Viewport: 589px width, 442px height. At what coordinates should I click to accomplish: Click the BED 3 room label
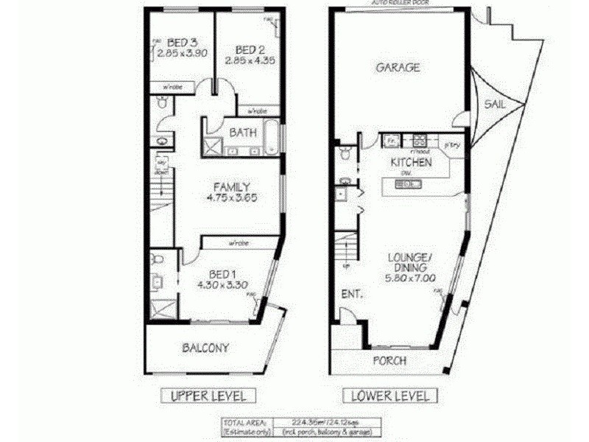click(x=180, y=41)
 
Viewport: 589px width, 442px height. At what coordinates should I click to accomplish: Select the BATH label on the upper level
click(x=243, y=133)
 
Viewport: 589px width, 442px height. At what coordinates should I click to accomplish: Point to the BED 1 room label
click(x=221, y=270)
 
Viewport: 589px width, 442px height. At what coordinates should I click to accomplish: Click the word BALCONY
click(x=205, y=348)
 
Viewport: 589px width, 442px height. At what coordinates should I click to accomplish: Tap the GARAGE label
click(x=398, y=67)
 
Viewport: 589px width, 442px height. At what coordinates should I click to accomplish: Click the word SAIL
click(x=494, y=105)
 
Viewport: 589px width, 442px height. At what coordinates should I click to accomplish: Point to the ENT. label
click(x=351, y=294)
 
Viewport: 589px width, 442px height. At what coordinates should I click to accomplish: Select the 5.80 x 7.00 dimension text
click(x=409, y=279)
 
